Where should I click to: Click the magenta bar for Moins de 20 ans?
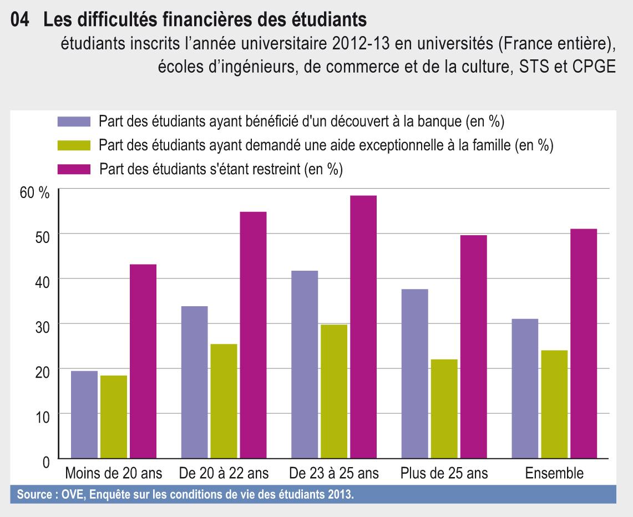pos(144,361)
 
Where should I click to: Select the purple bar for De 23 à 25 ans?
pos(304,364)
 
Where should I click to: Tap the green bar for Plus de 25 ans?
pos(443,409)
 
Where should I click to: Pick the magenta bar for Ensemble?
pos(583,343)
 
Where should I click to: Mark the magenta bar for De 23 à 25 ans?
pos(363,327)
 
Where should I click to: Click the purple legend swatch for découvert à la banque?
pos(73,121)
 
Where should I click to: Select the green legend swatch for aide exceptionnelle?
pos(73,145)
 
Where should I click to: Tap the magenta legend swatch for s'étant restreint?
pos(73,169)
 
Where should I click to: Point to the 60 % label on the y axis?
pos(35,193)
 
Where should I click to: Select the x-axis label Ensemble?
pos(554,474)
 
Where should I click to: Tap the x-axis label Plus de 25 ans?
pos(444,474)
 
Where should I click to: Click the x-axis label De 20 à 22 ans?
pos(224,474)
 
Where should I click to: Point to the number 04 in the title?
pos(20,20)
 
